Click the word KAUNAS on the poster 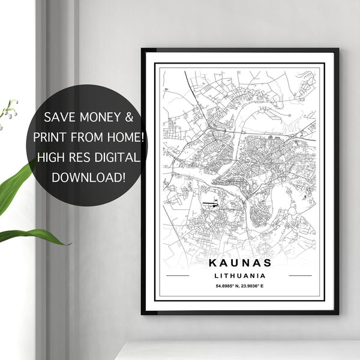[x=240, y=263]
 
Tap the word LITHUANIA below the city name [x=240, y=275]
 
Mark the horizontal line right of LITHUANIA [x=301, y=276]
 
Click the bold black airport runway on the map [x=210, y=205]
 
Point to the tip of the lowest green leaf [x=68, y=243]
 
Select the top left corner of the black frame [x=143, y=50]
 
